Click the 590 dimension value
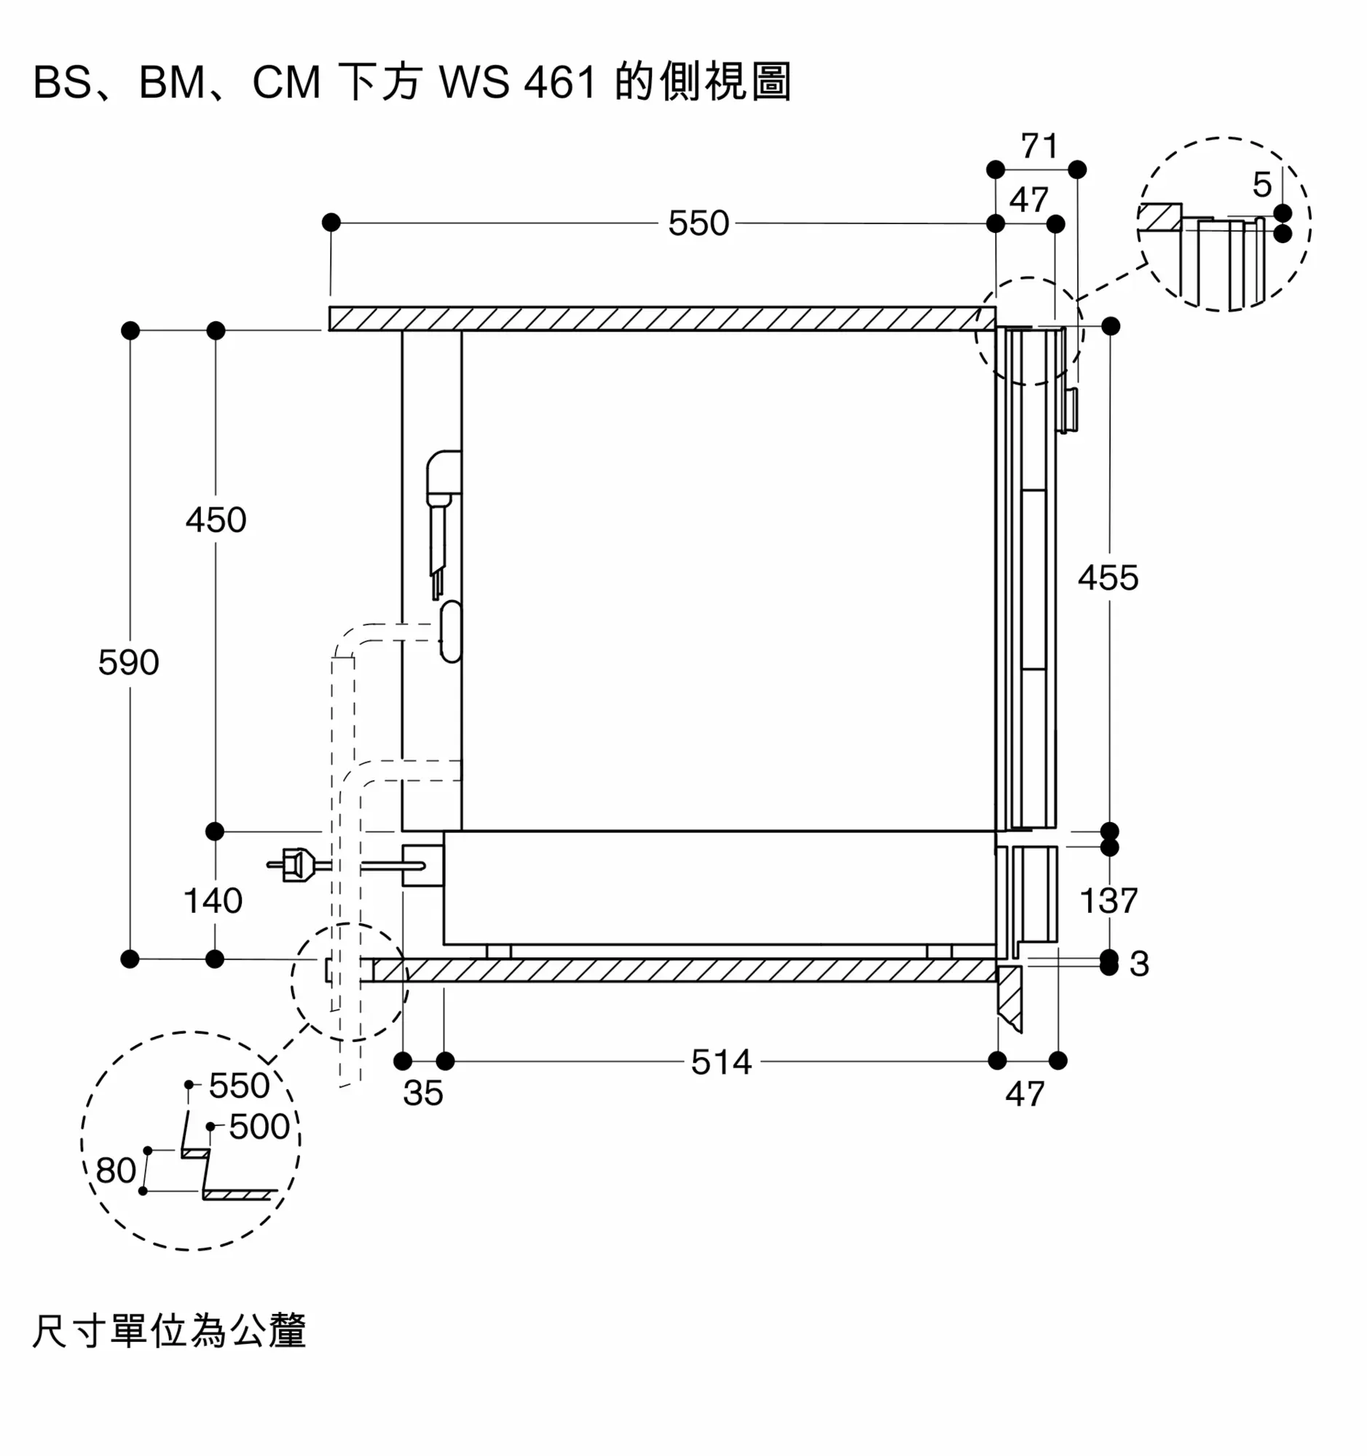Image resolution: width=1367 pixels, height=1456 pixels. (x=128, y=662)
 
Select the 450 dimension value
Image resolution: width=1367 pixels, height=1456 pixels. (x=216, y=520)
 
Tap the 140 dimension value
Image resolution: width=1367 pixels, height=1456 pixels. (x=213, y=900)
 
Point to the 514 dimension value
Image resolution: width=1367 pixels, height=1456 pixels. (x=721, y=1062)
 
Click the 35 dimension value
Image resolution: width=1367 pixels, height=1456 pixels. (x=422, y=1093)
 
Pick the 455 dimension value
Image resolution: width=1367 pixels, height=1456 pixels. (x=1108, y=578)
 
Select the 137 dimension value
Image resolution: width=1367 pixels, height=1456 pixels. (x=1108, y=900)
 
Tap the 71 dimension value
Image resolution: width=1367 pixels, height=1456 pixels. (x=1039, y=146)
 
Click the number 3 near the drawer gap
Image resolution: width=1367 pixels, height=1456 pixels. (x=1138, y=964)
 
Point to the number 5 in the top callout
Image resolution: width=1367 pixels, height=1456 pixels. (x=1261, y=185)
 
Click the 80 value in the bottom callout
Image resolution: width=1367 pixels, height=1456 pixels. (x=116, y=1171)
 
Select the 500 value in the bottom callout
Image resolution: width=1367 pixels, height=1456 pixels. (x=259, y=1126)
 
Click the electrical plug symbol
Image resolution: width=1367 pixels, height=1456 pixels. (x=293, y=865)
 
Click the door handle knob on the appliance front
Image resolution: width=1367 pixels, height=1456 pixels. (x=1068, y=410)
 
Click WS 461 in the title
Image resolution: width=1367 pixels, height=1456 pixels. (x=517, y=82)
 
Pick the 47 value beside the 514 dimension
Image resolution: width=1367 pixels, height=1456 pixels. (x=1024, y=1093)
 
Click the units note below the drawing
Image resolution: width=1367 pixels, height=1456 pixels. (x=169, y=1331)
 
